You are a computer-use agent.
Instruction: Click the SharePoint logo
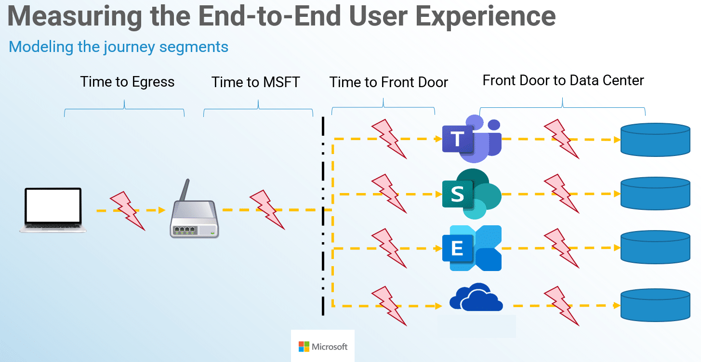[x=471, y=194]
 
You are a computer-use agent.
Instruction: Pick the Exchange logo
[x=471, y=248]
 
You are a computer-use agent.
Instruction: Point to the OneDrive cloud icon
[x=476, y=298]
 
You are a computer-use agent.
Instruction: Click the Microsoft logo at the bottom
[x=323, y=347]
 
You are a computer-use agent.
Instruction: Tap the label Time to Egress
[x=127, y=82]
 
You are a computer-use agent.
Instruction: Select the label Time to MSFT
[x=255, y=82]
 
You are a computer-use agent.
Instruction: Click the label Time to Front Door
[x=388, y=82]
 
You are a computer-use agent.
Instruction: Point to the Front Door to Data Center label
[x=563, y=80]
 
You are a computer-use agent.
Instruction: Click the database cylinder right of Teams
[x=656, y=140]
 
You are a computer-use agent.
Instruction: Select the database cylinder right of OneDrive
[x=656, y=305]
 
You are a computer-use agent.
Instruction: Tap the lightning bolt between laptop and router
[x=128, y=210]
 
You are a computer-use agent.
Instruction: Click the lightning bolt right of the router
[x=266, y=210]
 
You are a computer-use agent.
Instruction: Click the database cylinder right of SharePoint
[x=656, y=194]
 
